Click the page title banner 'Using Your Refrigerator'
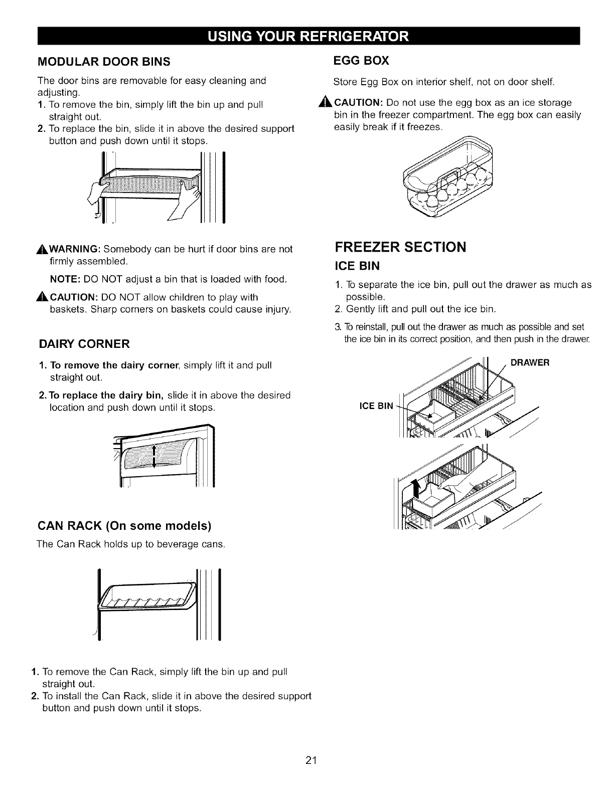(307, 37)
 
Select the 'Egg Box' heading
(361, 61)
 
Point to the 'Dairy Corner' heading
(84, 344)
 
